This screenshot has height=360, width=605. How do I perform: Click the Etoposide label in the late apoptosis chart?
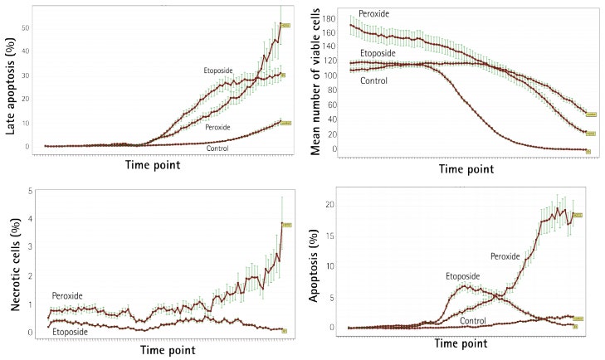222,71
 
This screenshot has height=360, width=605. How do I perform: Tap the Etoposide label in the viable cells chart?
378,53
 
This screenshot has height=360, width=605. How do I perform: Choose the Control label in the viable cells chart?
374,80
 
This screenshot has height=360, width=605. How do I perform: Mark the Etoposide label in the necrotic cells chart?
71,332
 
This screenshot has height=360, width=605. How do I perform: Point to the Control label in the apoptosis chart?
472,320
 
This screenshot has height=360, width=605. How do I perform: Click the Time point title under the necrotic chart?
161,350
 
